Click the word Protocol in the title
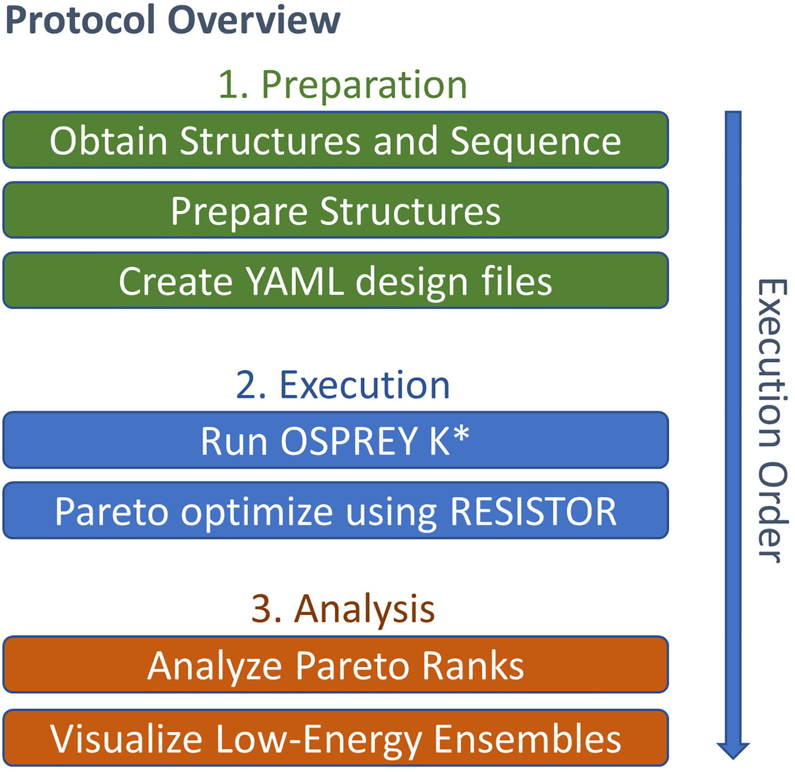click(x=81, y=20)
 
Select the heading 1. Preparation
click(x=342, y=85)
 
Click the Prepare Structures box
click(x=335, y=210)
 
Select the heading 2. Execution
click(x=342, y=385)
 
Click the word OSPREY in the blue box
click(x=349, y=441)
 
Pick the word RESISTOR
click(x=533, y=511)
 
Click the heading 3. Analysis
click(x=342, y=609)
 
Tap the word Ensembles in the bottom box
click(x=527, y=739)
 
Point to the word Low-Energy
click(x=318, y=739)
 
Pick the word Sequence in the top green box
click(x=535, y=141)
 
